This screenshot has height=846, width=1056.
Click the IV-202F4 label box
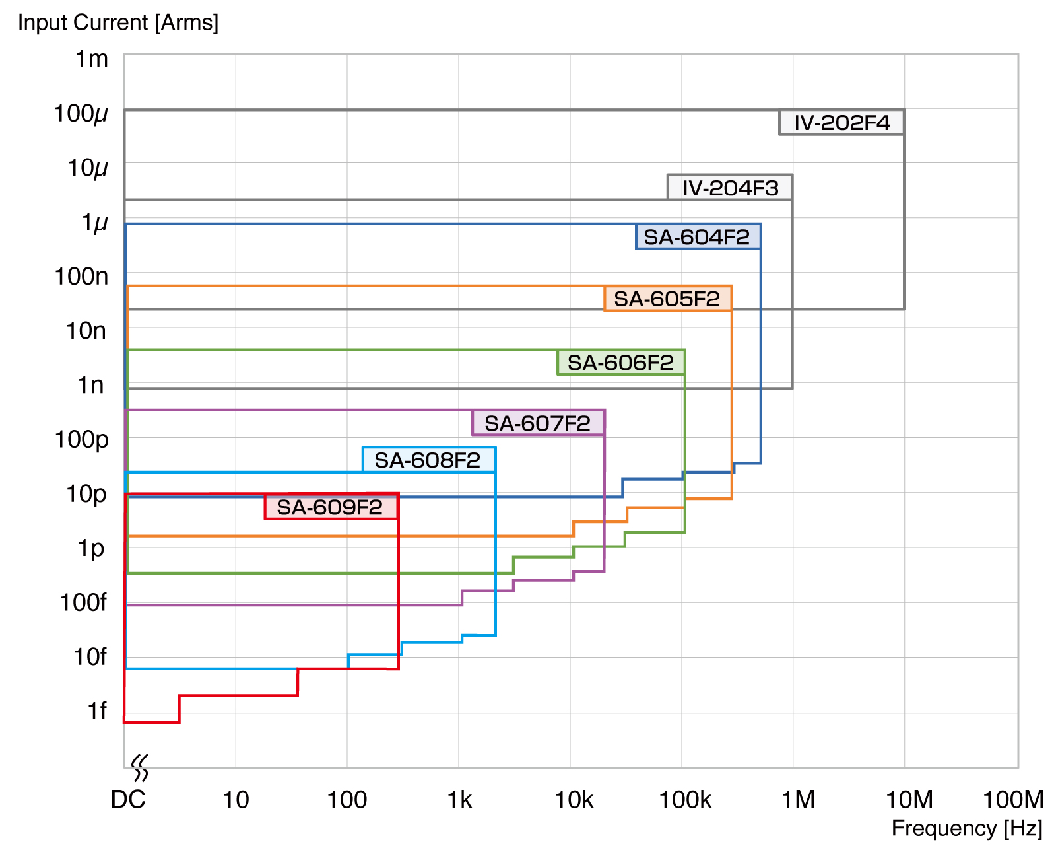(x=841, y=123)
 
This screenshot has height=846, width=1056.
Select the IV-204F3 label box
(x=730, y=188)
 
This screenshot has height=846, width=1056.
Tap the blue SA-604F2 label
(x=697, y=237)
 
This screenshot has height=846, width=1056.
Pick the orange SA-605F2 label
(x=667, y=299)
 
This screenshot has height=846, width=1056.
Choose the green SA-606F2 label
(x=621, y=363)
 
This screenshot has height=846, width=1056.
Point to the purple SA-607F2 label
(x=538, y=423)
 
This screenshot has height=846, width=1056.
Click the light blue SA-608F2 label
(x=428, y=460)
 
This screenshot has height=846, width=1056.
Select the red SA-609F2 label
(x=331, y=507)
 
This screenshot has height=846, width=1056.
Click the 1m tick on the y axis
(x=92, y=59)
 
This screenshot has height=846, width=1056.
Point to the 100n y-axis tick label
(x=81, y=276)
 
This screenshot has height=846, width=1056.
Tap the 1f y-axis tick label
(x=97, y=711)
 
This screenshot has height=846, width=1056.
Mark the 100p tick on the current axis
(x=81, y=439)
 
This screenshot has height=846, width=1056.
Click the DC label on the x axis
(x=128, y=800)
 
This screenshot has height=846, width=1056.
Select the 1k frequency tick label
(x=459, y=800)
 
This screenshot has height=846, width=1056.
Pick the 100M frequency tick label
(x=1012, y=800)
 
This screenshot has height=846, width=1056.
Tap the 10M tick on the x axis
(x=909, y=800)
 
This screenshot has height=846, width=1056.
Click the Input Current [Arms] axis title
(x=118, y=22)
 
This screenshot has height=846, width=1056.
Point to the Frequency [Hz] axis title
(x=967, y=828)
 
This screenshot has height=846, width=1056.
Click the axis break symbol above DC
(x=139, y=768)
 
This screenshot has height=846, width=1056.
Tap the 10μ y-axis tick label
(x=88, y=168)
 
